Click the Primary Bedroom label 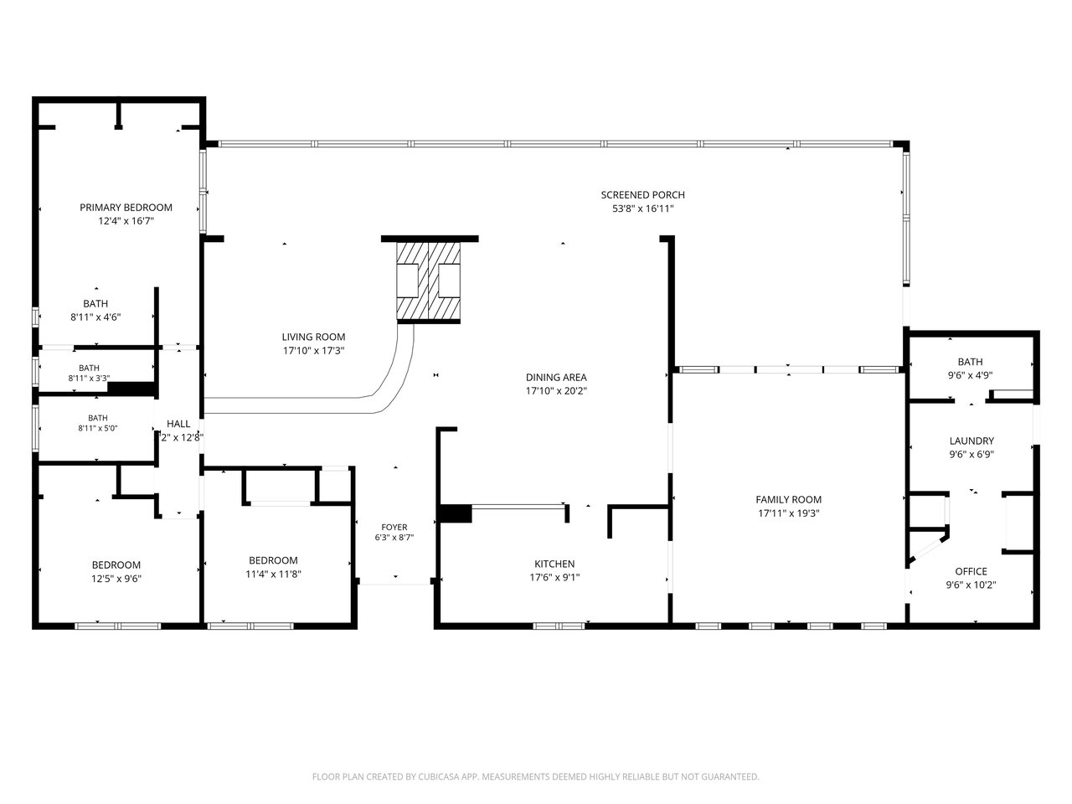coord(126,208)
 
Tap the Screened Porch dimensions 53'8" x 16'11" coord(643,209)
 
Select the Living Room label coord(313,337)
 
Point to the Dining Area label coord(556,378)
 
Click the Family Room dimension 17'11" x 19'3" coord(789,513)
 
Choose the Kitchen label coord(554,564)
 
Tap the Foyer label coord(394,528)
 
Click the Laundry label coord(971,441)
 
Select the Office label coord(971,571)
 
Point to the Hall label coord(178,424)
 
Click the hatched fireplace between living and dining coord(428,281)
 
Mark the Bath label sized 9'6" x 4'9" coord(971,362)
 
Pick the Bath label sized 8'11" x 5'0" coord(98,418)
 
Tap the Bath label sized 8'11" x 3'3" coord(89,368)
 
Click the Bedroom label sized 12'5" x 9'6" coord(116,564)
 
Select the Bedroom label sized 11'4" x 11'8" coord(273,560)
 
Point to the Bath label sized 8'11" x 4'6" coord(95,304)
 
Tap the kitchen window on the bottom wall coord(559,626)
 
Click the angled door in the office coord(926,549)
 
